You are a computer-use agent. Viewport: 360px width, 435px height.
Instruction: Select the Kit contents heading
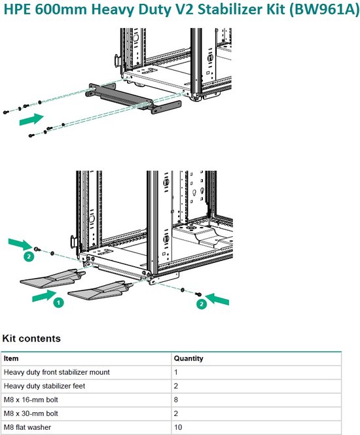[x=31, y=338]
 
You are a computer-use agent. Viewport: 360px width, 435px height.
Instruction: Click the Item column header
[x=11, y=358]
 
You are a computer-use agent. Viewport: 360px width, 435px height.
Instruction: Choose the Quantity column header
[x=189, y=358]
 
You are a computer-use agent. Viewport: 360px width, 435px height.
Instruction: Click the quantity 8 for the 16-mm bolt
[x=176, y=400]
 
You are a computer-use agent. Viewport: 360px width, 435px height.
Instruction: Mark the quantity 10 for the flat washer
[x=178, y=427]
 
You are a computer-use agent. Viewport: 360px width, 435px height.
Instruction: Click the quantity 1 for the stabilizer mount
[x=176, y=372]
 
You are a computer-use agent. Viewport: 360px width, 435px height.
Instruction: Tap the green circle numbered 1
[x=58, y=302]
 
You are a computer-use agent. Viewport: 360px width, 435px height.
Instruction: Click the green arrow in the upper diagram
[x=31, y=119]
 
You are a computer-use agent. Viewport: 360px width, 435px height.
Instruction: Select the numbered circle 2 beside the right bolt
[x=202, y=304]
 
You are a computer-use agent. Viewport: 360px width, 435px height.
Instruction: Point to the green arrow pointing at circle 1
[x=44, y=296]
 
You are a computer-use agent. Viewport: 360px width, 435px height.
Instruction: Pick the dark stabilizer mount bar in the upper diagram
[x=134, y=99]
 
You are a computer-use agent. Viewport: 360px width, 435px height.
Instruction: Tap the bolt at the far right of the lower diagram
[x=198, y=294]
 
